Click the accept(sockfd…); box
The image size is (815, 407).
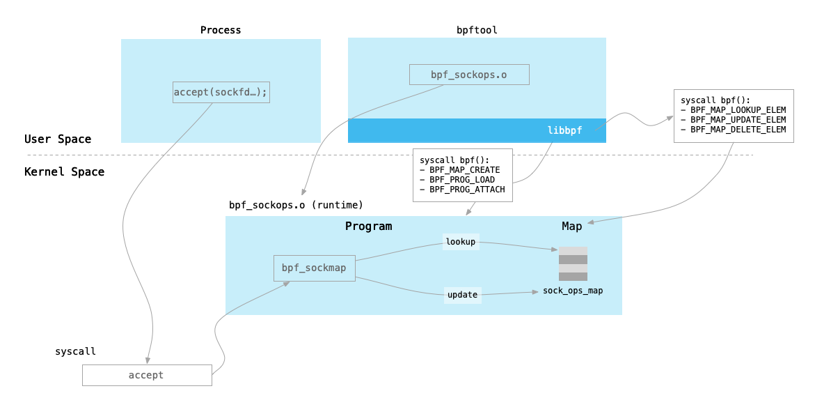(x=221, y=92)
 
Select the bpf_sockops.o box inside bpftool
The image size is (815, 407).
(x=468, y=75)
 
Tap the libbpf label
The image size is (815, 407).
(x=564, y=130)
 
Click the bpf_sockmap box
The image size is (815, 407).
(x=315, y=268)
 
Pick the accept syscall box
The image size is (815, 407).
(x=146, y=375)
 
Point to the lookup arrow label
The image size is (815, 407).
(x=460, y=242)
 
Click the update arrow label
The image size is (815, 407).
(x=462, y=295)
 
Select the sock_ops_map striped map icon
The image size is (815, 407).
(x=573, y=263)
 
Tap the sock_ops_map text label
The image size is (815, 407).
(x=573, y=291)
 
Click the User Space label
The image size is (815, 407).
(x=58, y=139)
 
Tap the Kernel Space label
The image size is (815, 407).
(x=64, y=172)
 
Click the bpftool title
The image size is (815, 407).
(x=477, y=30)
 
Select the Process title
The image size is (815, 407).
(x=221, y=30)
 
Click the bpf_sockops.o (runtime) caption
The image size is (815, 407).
(x=296, y=205)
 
